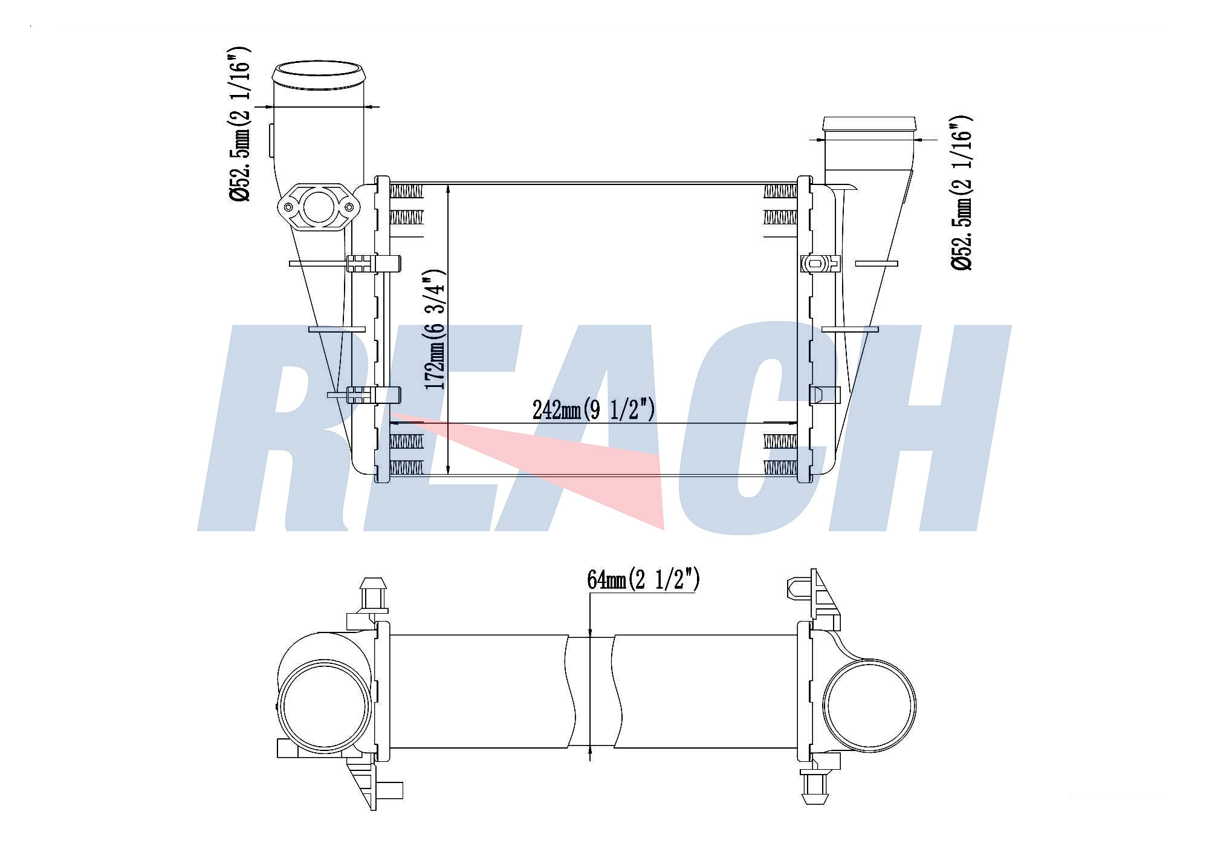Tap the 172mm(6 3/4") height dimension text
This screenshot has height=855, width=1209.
(x=435, y=329)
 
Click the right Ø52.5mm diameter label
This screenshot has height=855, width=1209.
(x=962, y=192)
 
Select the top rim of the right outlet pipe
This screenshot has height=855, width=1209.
(x=869, y=123)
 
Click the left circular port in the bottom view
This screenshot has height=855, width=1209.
(x=324, y=706)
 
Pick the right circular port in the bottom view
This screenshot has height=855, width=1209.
(x=869, y=705)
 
